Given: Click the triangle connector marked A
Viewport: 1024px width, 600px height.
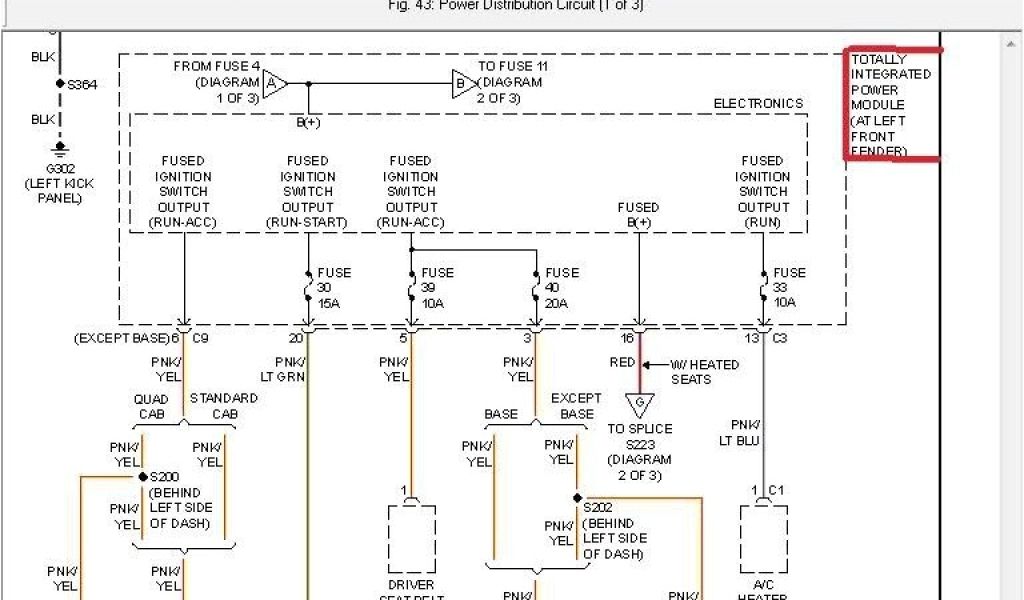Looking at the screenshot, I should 274,83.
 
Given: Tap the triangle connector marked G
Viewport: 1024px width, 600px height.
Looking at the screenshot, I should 637,404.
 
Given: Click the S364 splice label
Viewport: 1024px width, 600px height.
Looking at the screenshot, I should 82,85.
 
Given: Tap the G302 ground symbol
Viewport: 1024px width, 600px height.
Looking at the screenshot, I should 60,150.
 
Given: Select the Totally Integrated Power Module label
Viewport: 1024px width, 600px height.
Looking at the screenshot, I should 892,105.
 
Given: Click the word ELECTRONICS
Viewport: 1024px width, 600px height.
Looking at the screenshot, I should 758,104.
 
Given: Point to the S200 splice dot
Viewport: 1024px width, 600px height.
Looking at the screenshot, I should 143,477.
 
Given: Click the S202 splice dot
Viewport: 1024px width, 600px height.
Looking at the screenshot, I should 578,497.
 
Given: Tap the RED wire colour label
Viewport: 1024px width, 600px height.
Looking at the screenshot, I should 622,362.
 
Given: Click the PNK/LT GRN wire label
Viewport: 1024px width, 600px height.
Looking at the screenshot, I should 284,369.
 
